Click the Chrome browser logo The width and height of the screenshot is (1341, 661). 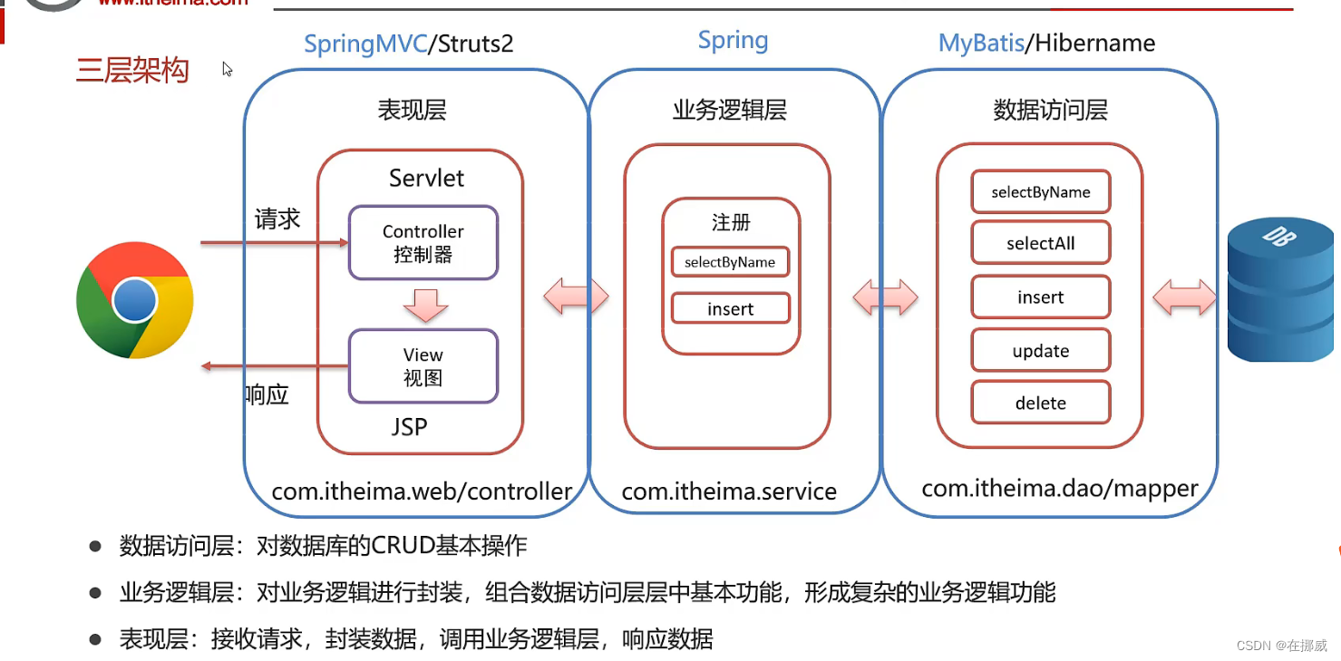135,300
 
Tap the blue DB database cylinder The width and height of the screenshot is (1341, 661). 1280,289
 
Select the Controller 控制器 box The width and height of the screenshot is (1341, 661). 423,242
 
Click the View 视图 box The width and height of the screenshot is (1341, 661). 423,365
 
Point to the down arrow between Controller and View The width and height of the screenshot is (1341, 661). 425,306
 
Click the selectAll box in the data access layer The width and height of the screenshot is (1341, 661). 1041,242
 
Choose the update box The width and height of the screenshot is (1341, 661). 1041,350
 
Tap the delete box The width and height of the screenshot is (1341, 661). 1041,403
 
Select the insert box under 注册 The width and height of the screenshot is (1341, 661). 731,308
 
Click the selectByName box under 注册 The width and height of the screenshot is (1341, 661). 731,262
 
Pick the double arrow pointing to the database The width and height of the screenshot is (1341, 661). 1184,297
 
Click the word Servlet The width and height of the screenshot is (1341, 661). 426,178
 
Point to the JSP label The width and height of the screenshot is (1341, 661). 410,427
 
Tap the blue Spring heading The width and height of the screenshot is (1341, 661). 733,41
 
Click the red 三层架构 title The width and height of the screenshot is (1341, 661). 132,70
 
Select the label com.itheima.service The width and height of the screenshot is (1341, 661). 729,491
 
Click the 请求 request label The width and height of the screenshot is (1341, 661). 277,219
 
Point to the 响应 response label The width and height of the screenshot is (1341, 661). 267,394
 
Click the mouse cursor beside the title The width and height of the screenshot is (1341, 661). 227,69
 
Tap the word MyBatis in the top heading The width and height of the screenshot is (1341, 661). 981,44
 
